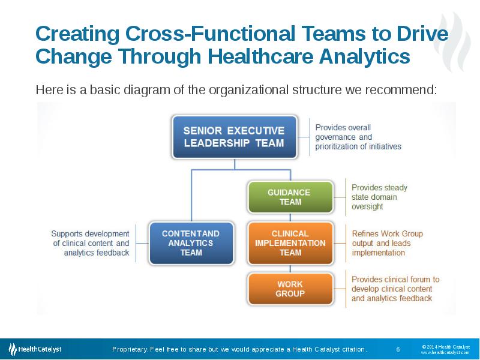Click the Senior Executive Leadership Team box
(x=235, y=137)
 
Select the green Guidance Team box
(x=290, y=197)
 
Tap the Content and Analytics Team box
(x=191, y=243)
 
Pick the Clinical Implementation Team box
(x=290, y=243)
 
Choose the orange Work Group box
(x=290, y=289)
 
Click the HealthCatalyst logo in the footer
(x=35, y=349)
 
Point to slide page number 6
(x=398, y=349)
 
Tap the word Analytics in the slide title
(x=365, y=56)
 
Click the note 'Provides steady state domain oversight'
(x=379, y=197)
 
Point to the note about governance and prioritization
(x=358, y=137)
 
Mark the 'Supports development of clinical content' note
(x=91, y=243)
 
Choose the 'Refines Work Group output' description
(x=387, y=243)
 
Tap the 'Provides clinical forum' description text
(x=395, y=289)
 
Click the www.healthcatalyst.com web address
(x=445, y=353)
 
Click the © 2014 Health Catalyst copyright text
(x=446, y=347)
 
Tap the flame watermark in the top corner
(x=453, y=41)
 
